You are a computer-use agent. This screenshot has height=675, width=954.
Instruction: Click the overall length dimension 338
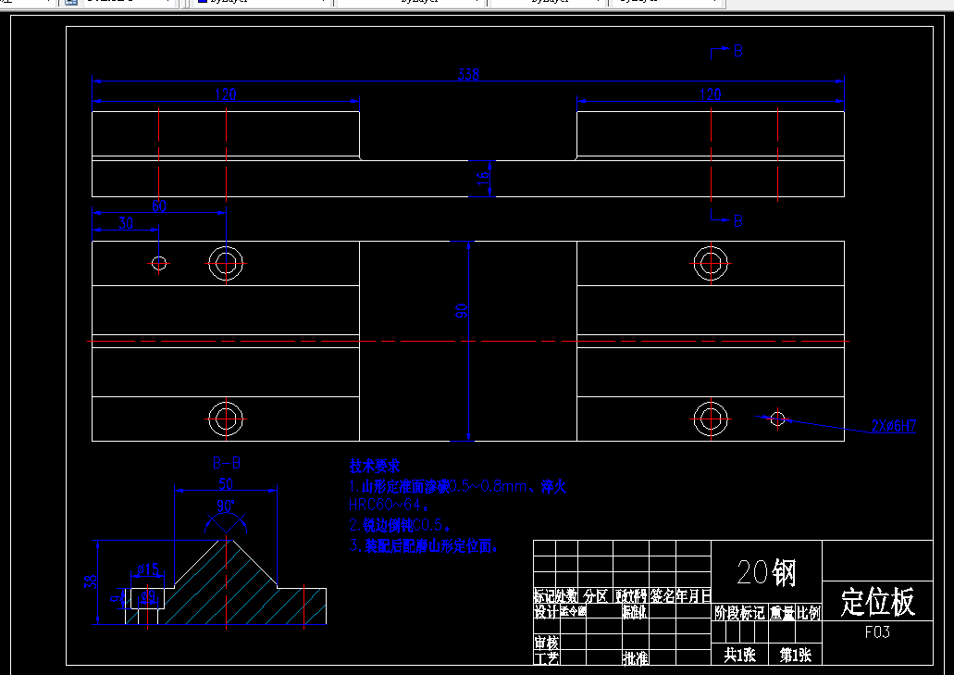[469, 75]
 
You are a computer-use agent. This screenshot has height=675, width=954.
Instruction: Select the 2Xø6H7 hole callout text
[893, 427]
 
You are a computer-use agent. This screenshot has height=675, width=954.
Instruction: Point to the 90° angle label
[227, 507]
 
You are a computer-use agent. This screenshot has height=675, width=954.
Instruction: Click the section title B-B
[227, 463]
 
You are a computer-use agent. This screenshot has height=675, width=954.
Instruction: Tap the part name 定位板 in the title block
[877, 602]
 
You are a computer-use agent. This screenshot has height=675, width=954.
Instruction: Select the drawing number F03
[877, 632]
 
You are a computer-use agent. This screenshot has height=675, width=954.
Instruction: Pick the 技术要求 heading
[374, 466]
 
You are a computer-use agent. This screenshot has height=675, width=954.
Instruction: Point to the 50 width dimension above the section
[226, 483]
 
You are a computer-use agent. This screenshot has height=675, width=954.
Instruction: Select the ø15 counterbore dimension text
[148, 569]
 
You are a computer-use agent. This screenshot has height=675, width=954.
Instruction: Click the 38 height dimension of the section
[91, 581]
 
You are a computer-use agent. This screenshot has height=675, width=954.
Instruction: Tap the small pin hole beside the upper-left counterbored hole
[159, 264]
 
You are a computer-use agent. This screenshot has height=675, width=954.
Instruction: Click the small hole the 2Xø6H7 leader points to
[777, 419]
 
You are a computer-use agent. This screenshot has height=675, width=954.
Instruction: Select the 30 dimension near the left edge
[126, 223]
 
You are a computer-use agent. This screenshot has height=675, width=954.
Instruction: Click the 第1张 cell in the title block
[795, 656]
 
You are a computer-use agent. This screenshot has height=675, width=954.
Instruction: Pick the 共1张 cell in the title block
[739, 656]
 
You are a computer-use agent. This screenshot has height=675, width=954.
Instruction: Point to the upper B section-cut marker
[737, 52]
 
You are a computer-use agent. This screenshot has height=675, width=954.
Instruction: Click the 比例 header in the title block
[809, 613]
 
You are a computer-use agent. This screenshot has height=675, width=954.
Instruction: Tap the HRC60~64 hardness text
[390, 506]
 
